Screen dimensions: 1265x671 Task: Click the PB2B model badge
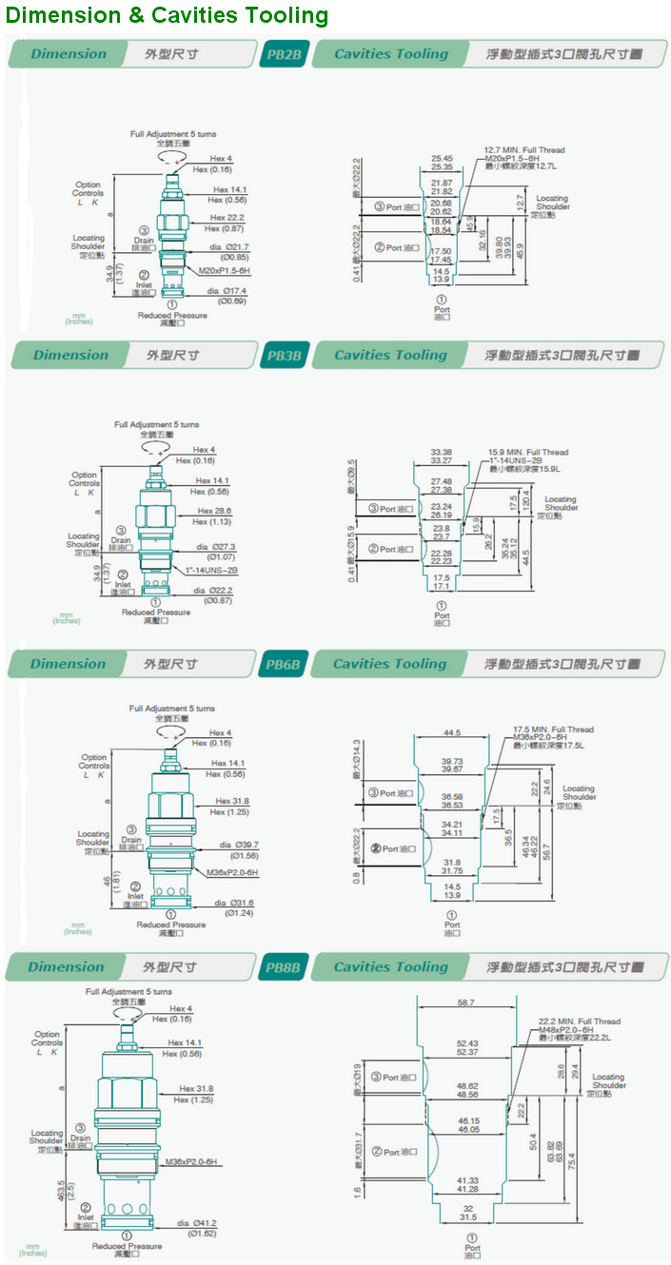[x=283, y=54]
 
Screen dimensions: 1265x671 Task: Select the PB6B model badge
[x=283, y=664]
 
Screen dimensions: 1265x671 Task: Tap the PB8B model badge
[x=283, y=967]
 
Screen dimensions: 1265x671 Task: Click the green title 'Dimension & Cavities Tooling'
[x=168, y=15]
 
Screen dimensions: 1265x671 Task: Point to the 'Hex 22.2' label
[x=227, y=218]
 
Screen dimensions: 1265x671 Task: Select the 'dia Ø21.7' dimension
[x=228, y=247]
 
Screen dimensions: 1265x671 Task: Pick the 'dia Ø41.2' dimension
[x=197, y=1222]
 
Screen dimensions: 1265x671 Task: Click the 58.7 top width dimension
[x=465, y=1002]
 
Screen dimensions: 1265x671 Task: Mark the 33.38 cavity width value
[x=441, y=452]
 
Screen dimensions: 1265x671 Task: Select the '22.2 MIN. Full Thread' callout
[x=579, y=1022]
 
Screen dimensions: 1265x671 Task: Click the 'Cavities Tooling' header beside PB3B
[x=390, y=355]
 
